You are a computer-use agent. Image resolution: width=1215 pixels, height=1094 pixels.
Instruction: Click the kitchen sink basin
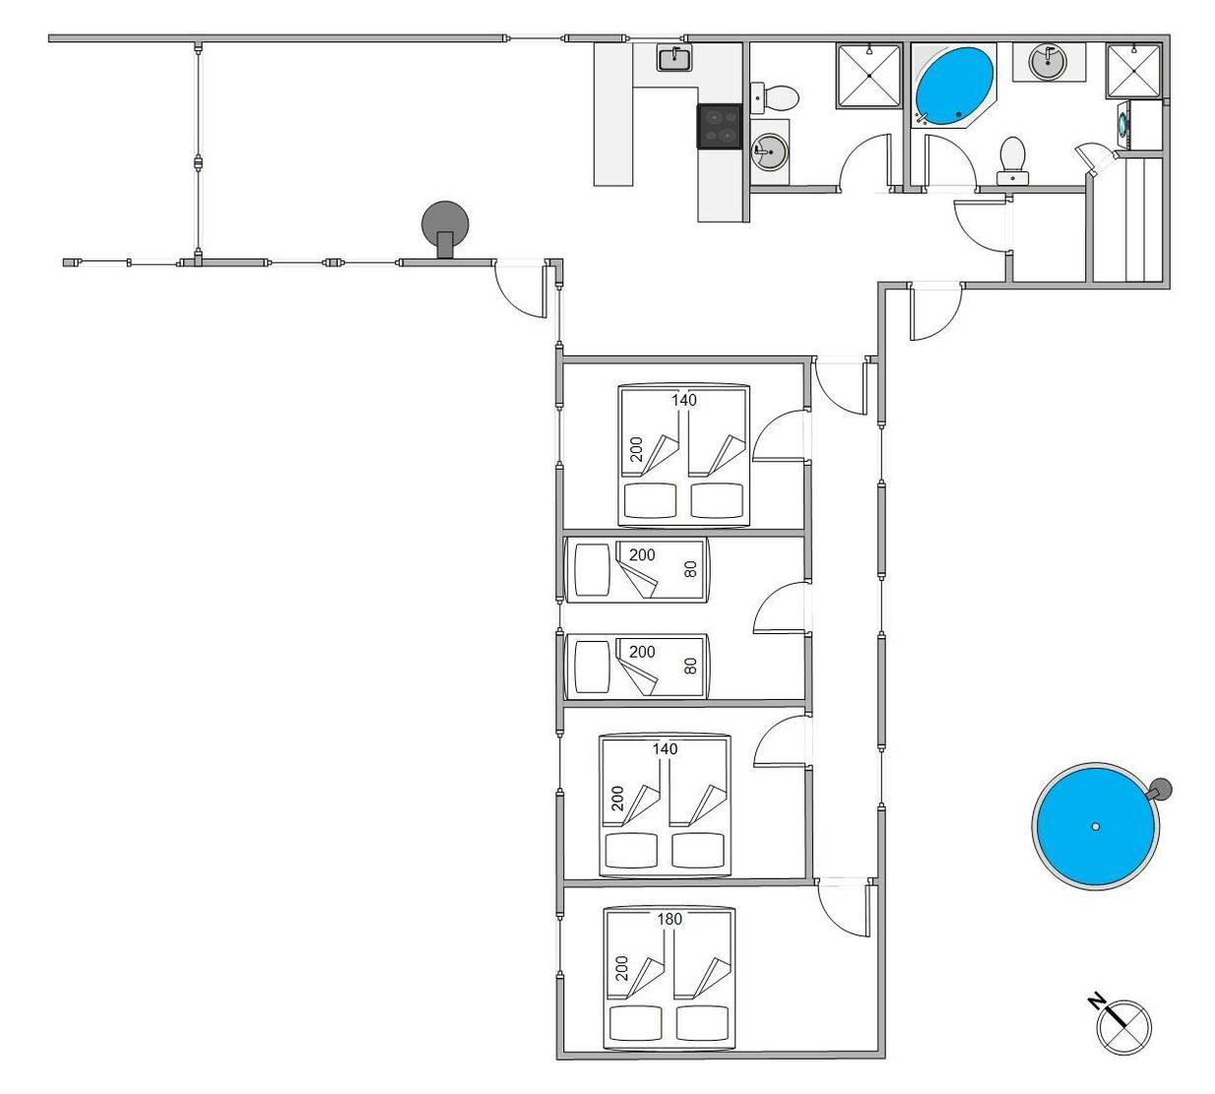(674, 59)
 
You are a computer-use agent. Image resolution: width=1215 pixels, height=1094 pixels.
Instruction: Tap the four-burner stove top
(719, 126)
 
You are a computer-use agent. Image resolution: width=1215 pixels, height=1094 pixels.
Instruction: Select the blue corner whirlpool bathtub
(954, 86)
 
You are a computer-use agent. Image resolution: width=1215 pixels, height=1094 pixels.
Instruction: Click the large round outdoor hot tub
(1095, 826)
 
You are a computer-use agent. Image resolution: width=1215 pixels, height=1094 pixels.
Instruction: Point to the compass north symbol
(1122, 1026)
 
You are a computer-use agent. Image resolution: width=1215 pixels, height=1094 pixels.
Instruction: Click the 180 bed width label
(670, 919)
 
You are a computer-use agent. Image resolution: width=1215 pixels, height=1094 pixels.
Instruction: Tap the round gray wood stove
(445, 225)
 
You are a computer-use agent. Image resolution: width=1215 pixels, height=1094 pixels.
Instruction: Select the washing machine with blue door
(1124, 125)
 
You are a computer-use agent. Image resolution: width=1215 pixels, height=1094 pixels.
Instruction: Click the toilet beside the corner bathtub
(1013, 161)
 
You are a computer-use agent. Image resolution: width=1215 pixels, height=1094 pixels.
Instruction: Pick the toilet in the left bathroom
(775, 97)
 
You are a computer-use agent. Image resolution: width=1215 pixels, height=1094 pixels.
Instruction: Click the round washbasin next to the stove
(769, 152)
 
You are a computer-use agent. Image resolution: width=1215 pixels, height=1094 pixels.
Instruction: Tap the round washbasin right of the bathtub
(1049, 61)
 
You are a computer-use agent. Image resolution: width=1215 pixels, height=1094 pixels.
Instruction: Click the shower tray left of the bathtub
(869, 76)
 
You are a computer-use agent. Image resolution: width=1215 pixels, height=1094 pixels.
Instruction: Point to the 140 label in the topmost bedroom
(684, 400)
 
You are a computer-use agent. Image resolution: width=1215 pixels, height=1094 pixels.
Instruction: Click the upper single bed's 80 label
(690, 569)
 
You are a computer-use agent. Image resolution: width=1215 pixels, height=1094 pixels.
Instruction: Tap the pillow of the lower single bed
(592, 667)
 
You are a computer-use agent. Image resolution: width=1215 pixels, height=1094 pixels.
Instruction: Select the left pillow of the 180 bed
(635, 1023)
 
